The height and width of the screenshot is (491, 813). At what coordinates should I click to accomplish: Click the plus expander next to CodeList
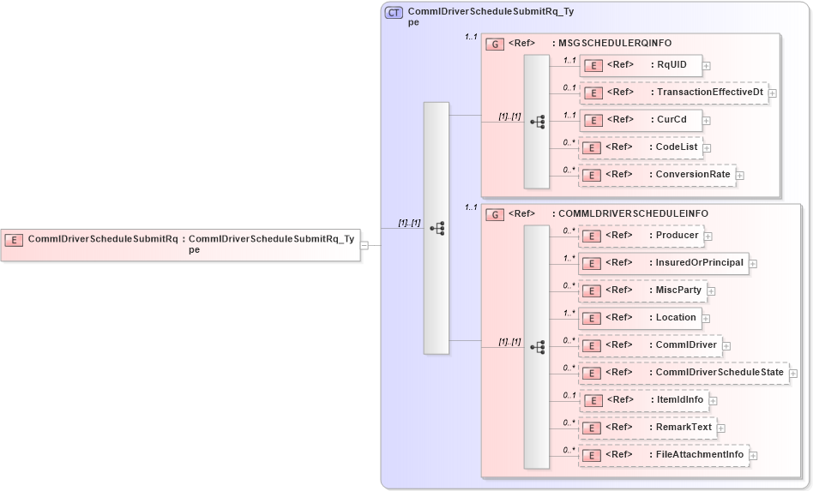[x=707, y=148]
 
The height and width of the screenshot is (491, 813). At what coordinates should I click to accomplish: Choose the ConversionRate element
[x=657, y=175]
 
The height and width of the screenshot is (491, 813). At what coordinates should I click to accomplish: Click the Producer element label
[x=677, y=236]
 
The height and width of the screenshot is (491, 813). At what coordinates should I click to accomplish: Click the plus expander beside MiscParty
[x=711, y=291]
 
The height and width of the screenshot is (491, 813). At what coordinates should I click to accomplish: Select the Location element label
[x=676, y=318]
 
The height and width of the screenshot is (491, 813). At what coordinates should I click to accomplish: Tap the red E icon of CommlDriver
[x=590, y=345]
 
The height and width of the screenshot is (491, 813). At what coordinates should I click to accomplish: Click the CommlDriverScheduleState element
[x=684, y=373]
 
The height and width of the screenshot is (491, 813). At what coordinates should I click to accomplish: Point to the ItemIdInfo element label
[x=679, y=400]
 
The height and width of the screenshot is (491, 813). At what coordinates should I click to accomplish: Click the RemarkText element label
[x=684, y=428]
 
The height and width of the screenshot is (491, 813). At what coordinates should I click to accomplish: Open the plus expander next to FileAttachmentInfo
[x=754, y=455]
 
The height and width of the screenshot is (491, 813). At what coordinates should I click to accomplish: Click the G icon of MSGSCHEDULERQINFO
[x=494, y=44]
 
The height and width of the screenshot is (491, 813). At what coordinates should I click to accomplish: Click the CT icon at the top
[x=394, y=13]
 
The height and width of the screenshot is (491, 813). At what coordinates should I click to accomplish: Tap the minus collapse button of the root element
[x=364, y=245]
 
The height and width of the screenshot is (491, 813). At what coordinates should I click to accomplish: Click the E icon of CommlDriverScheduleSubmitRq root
[x=14, y=240]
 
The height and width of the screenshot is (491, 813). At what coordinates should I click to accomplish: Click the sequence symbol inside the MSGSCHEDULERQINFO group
[x=538, y=122]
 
